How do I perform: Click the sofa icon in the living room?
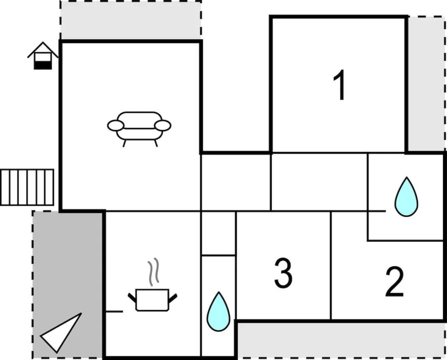coord(139,129)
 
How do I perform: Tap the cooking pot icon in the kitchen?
coord(152,300)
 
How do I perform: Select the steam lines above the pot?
coord(153,272)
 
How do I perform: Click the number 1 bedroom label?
coord(339,85)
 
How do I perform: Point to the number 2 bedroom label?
coord(395,282)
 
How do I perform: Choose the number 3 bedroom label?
coord(283,273)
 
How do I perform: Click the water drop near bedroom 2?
coord(406,197)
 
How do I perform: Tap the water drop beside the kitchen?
coord(218,311)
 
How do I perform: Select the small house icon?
coord(43,56)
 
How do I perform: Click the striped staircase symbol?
coord(27,187)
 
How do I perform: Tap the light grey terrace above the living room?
coord(131,20)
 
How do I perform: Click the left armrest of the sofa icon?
coord(116,126)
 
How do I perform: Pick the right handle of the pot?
coord(173,298)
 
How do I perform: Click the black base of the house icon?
coord(43,65)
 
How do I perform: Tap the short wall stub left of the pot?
coord(114,311)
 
